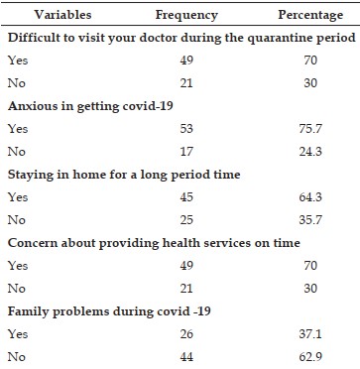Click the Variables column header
click(x=62, y=15)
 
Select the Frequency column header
click(x=186, y=15)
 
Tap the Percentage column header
click(x=310, y=15)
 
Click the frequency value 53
click(x=186, y=128)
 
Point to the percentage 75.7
click(x=310, y=128)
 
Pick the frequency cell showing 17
click(x=186, y=151)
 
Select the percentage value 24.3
click(x=310, y=151)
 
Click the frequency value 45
click(x=186, y=197)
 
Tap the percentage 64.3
click(x=310, y=197)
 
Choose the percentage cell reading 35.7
click(x=310, y=220)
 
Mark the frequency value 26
click(x=186, y=334)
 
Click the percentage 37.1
click(x=310, y=334)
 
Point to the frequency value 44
click(x=186, y=357)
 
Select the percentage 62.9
click(x=310, y=357)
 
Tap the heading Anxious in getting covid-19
click(x=90, y=106)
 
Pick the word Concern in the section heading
click(x=30, y=243)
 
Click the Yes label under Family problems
click(x=18, y=334)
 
